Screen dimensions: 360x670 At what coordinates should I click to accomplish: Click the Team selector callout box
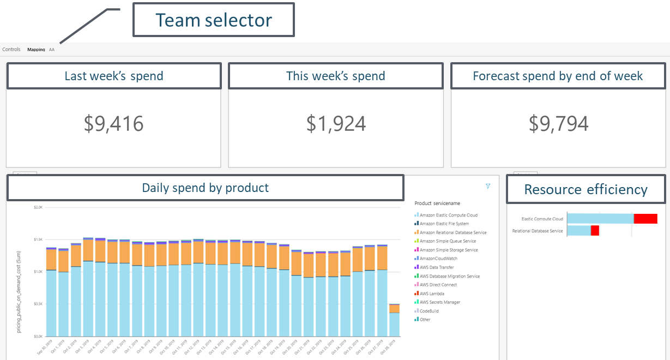pos(214,20)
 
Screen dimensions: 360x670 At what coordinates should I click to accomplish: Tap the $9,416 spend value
pos(113,124)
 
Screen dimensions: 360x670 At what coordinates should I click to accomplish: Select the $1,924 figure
pos(335,124)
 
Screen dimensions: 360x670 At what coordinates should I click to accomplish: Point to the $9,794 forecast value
pos(558,124)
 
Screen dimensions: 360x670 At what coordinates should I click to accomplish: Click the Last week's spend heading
pos(113,76)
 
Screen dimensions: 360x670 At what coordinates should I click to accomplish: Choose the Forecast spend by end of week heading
pos(558,76)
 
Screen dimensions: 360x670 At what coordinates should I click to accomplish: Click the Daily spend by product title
pos(205,188)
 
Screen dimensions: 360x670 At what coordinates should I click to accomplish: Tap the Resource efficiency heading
pos(586,189)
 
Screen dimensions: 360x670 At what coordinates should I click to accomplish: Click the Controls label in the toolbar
pos(11,50)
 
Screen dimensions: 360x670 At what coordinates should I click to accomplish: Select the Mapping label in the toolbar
pos(36,50)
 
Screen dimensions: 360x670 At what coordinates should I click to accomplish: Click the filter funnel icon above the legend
pos(488,186)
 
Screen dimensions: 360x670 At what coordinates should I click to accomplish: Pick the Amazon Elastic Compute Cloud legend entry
pos(448,215)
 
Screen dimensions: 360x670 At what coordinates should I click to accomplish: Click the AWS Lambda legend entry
pos(432,293)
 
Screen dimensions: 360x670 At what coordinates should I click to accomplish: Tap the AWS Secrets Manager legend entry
pos(439,302)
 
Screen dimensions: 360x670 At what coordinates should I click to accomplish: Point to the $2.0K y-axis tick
pos(38,207)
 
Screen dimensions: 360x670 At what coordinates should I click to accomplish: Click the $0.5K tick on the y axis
pos(38,304)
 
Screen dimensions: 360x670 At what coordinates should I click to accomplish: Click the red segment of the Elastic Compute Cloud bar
pos(645,219)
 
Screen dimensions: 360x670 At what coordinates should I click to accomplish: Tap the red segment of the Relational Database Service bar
pos(595,231)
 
